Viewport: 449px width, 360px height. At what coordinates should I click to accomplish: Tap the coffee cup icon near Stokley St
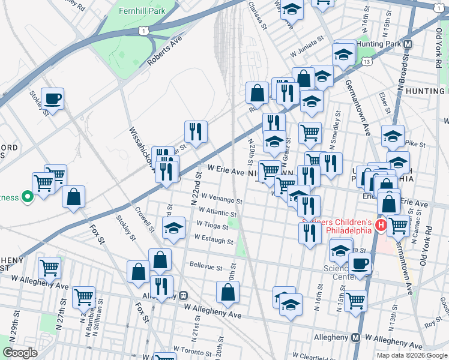tap(52, 99)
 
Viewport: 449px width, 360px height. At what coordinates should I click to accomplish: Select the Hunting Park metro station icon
tap(408, 44)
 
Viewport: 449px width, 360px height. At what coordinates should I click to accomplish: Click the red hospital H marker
tap(379, 225)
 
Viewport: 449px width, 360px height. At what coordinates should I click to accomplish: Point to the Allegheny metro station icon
tap(356, 338)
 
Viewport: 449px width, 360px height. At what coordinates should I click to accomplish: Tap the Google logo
tap(20, 353)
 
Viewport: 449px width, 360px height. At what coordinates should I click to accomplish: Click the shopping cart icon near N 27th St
tap(83, 297)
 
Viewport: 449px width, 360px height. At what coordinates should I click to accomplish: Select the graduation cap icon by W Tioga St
tap(173, 228)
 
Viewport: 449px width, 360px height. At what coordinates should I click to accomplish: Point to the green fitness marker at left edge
tap(26, 196)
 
